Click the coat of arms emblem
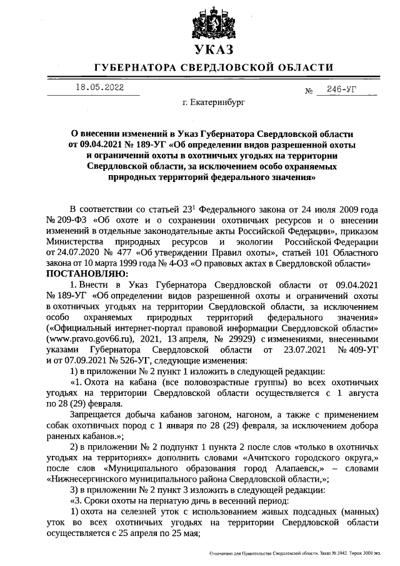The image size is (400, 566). pos(212,23)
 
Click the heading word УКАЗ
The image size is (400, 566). pos(212,50)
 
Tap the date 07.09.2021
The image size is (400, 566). pos(91,360)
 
